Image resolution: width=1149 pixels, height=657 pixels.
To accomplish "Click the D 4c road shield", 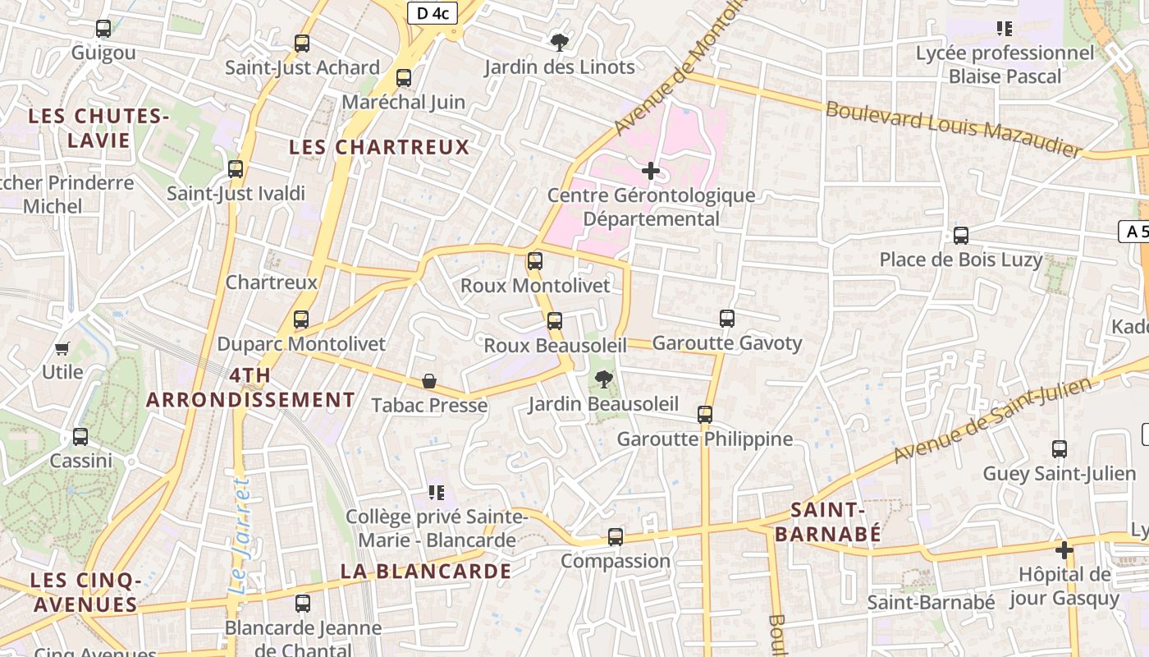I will click(433, 12).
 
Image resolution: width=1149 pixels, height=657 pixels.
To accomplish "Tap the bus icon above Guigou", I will click(103, 29).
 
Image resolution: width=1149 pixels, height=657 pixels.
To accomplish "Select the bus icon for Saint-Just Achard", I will click(302, 44).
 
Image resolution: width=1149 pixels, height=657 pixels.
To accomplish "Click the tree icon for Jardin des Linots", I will click(560, 42).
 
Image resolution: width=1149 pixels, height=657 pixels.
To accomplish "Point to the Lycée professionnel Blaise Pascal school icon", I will click(1004, 30).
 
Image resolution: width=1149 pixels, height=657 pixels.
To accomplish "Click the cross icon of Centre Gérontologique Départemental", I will click(651, 171).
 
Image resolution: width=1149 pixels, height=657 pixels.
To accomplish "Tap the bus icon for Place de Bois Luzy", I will click(960, 236).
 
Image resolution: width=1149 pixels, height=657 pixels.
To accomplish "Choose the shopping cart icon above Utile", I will click(62, 348).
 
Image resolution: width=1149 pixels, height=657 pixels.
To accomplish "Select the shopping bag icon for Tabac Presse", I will click(428, 381).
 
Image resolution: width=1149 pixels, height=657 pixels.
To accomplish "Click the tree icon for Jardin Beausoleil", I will click(603, 379).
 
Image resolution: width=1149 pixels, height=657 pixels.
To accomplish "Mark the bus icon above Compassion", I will click(616, 537).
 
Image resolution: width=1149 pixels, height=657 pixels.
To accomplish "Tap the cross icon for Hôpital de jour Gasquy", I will click(1064, 549).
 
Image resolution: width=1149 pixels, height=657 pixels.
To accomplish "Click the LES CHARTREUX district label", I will click(379, 148).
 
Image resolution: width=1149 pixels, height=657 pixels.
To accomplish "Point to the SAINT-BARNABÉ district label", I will click(827, 522).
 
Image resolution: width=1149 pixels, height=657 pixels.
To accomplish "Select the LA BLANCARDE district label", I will click(425, 571).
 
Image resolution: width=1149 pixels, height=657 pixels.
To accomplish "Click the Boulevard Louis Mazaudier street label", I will click(954, 129).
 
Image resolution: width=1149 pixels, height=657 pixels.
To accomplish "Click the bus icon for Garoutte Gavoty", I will click(726, 319).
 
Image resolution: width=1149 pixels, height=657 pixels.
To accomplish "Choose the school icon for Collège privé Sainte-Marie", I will click(436, 493).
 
